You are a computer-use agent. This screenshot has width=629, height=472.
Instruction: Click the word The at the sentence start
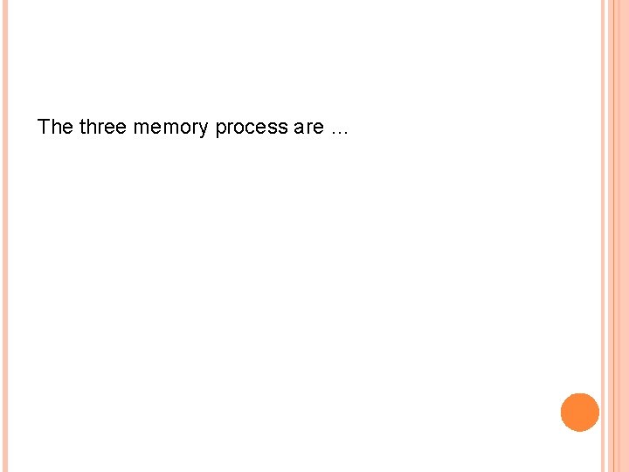[x=55, y=127]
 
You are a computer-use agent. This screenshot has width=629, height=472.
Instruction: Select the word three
[x=102, y=127]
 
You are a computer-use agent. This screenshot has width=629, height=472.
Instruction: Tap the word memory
[x=170, y=128]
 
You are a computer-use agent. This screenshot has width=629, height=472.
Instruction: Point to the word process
[x=252, y=128]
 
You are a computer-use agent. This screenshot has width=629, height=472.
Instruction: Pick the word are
[x=308, y=128]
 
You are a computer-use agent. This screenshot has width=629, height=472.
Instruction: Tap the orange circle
[x=579, y=413]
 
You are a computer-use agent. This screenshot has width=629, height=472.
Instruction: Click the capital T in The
[x=44, y=127]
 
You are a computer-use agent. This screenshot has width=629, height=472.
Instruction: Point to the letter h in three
[x=90, y=127]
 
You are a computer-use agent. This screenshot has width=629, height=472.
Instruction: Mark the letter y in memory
[x=205, y=129]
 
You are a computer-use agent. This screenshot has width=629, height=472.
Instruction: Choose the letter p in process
[x=221, y=129]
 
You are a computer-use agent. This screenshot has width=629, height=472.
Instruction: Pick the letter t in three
[x=82, y=127]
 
